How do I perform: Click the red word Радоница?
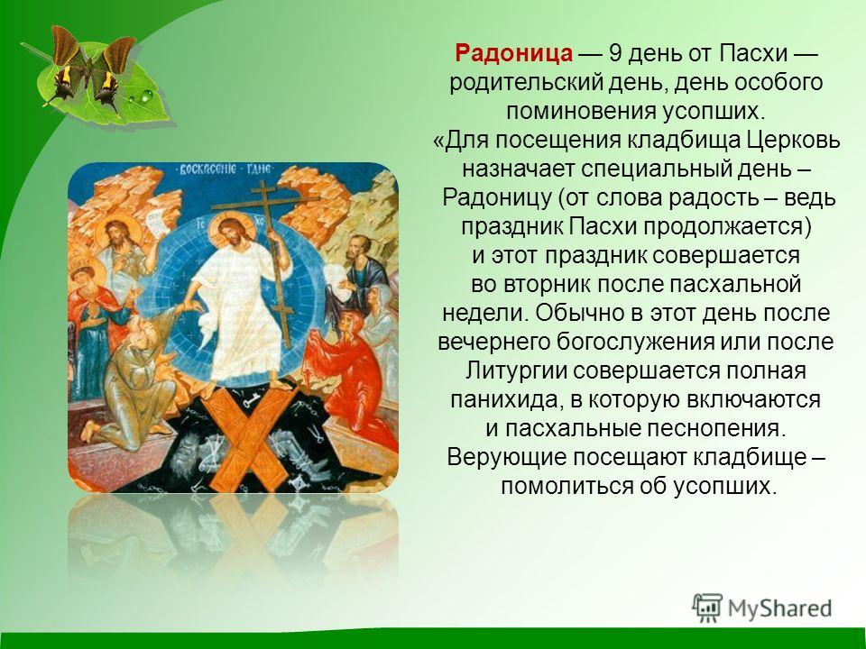pos(513,53)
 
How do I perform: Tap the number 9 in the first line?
pos(615,53)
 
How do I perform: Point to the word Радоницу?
pos(497,198)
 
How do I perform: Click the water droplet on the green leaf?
pos(146,96)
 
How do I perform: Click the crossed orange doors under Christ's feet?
pos(245,439)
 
